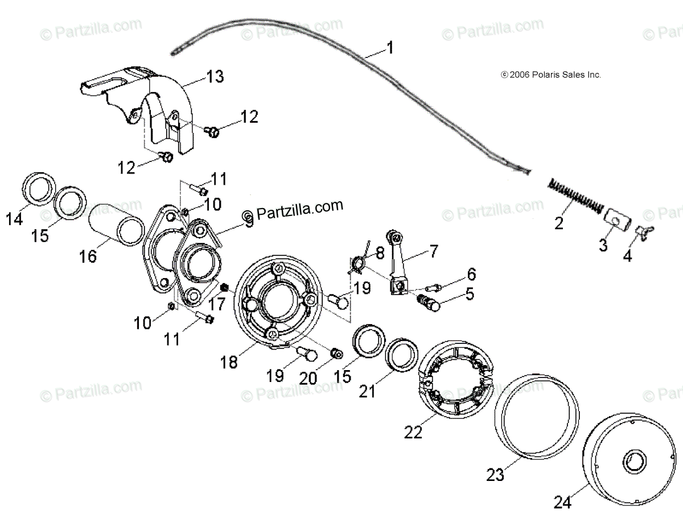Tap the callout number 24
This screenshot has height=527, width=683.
(562, 502)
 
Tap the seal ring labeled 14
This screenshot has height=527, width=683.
(39, 188)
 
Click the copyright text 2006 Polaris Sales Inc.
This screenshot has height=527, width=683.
(550, 74)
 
